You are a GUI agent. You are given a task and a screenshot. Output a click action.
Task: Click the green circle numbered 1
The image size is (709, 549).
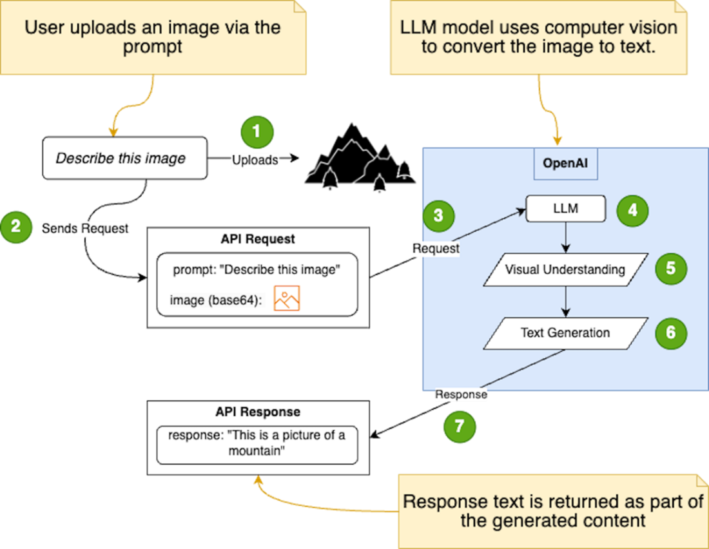pyautogui.click(x=257, y=133)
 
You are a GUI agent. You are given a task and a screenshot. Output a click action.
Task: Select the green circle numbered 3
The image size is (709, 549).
pyautogui.click(x=438, y=217)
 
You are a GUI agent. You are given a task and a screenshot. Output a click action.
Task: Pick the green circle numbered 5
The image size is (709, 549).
pyautogui.click(x=671, y=268)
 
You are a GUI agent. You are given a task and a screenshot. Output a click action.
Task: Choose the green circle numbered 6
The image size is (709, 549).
pyautogui.click(x=671, y=332)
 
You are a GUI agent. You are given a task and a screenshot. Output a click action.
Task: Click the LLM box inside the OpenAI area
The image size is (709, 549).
pyautogui.click(x=566, y=209)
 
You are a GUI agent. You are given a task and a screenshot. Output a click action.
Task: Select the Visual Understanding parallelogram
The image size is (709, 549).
pyautogui.click(x=565, y=269)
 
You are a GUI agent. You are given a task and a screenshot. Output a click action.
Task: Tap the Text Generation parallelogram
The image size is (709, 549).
pyautogui.click(x=565, y=333)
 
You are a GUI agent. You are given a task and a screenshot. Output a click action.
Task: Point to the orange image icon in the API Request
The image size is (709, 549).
pyautogui.click(x=287, y=299)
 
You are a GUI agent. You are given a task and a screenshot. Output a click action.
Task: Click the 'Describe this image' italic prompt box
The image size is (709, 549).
pyautogui.click(x=124, y=158)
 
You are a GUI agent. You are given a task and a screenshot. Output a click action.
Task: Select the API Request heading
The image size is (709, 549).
pyautogui.click(x=258, y=239)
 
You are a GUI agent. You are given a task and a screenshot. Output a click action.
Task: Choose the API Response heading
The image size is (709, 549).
pyautogui.click(x=258, y=412)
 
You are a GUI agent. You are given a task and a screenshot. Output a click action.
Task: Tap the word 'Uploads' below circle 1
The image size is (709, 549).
pyautogui.click(x=255, y=161)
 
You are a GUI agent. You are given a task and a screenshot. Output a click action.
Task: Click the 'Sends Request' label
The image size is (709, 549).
pyautogui.click(x=85, y=229)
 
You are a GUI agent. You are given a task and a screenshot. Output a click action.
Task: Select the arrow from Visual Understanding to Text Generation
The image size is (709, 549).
pyautogui.click(x=565, y=302)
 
